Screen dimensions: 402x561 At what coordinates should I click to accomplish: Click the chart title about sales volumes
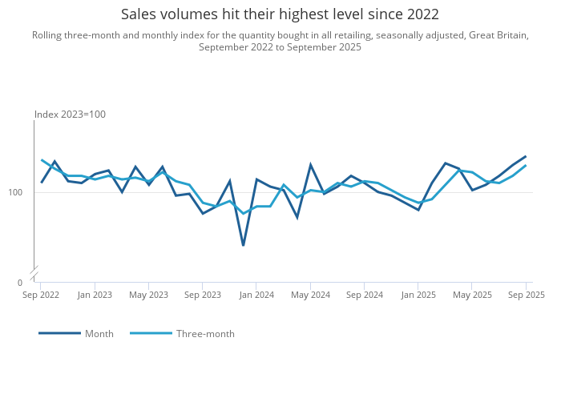(280, 14)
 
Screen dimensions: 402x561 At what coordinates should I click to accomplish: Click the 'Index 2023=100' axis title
(70, 115)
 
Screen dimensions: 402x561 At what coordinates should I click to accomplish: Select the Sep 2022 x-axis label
(41, 295)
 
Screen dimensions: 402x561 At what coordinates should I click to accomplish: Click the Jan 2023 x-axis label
(95, 295)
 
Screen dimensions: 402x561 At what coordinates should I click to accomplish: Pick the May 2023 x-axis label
(148, 295)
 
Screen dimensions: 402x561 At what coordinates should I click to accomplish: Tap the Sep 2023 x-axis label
(203, 295)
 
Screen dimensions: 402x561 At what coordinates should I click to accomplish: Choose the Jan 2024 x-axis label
(256, 295)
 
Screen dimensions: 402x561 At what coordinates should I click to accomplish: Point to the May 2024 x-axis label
(310, 295)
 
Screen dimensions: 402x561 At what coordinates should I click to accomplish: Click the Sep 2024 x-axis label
(364, 295)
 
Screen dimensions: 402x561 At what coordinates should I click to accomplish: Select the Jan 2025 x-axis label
(418, 295)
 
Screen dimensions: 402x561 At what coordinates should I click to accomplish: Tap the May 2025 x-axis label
(472, 295)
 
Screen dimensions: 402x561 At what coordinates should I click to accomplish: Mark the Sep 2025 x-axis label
(526, 295)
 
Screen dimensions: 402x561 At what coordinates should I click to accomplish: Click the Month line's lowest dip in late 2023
(243, 245)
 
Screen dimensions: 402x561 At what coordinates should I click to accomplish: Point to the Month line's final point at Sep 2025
(526, 156)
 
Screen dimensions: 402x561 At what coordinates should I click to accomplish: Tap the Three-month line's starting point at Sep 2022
(41, 160)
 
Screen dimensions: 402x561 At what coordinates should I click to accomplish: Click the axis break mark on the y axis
(34, 274)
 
